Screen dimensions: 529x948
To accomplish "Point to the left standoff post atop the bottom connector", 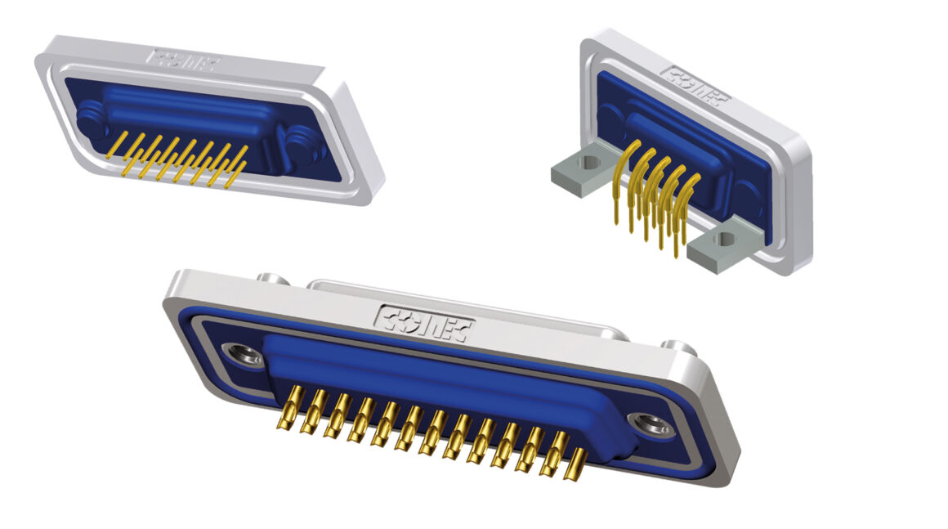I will click(273, 279).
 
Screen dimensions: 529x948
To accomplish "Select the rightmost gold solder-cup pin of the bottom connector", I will click(576, 465).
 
